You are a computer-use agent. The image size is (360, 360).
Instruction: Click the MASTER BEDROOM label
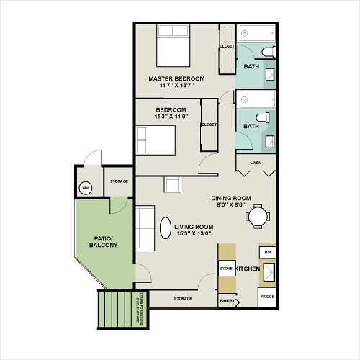tap(176, 78)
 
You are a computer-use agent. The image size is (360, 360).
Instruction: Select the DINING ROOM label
tap(230, 198)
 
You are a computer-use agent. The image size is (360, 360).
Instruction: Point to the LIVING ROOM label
tap(194, 226)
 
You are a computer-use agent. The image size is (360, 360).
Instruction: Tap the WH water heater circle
tap(85, 188)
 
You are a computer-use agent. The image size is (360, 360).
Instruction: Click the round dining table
tap(257, 215)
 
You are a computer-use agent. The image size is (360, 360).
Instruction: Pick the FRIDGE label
tap(266, 297)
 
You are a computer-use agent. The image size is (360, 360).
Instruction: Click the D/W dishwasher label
tap(267, 253)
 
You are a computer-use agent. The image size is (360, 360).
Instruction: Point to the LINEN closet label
tap(256, 163)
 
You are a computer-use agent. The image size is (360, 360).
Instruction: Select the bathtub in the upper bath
tap(256, 33)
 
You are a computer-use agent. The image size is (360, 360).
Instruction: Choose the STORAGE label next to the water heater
tap(120, 181)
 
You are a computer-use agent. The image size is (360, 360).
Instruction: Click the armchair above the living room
tap(173, 184)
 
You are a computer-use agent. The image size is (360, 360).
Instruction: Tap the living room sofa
tap(146, 228)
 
